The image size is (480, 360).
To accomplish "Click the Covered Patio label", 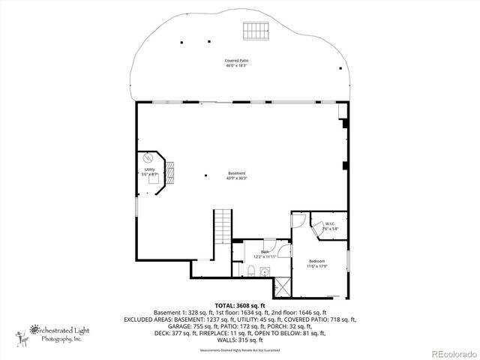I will pos(236,60).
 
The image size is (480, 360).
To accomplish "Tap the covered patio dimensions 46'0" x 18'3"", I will pos(236,66).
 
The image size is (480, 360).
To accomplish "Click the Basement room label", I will pos(237,172).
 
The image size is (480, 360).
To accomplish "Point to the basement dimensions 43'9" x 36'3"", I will pos(237,178).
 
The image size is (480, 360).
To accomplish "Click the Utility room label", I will pos(149,169).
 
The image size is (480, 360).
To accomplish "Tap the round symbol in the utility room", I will pos(148,158).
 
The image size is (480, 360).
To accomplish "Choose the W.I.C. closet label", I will pos(331,223).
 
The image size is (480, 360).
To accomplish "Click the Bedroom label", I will pos(316,261).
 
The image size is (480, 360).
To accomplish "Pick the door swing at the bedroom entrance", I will pos(298,220).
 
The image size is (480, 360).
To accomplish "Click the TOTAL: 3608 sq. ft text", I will pos(240,305).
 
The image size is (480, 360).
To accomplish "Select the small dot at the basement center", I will pos(206,175).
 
